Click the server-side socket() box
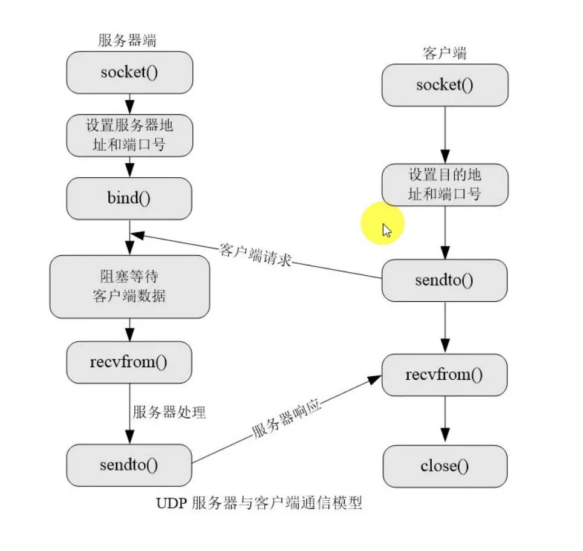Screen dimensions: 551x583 tap(129, 73)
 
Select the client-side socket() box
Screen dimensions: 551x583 tap(445, 85)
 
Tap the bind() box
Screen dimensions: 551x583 tap(129, 198)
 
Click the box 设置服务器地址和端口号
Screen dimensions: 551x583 tap(129, 135)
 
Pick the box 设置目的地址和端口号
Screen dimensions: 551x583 tap(445, 185)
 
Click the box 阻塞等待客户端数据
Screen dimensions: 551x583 tap(129, 287)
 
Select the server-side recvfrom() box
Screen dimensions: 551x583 tap(129, 362)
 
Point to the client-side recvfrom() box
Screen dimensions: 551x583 tap(445, 375)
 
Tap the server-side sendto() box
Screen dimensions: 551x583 tap(129, 465)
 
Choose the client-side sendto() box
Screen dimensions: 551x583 tap(445, 281)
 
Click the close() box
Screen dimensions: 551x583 tap(445, 466)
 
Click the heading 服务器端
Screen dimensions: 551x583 tap(128, 41)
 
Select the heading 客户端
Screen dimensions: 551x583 tap(445, 53)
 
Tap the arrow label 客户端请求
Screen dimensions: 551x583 tap(256, 255)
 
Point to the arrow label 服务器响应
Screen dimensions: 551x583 tap(285, 418)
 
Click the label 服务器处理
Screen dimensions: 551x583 tap(169, 412)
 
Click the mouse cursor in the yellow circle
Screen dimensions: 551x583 tap(386, 230)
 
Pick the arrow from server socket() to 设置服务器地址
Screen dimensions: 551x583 tap(129, 104)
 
